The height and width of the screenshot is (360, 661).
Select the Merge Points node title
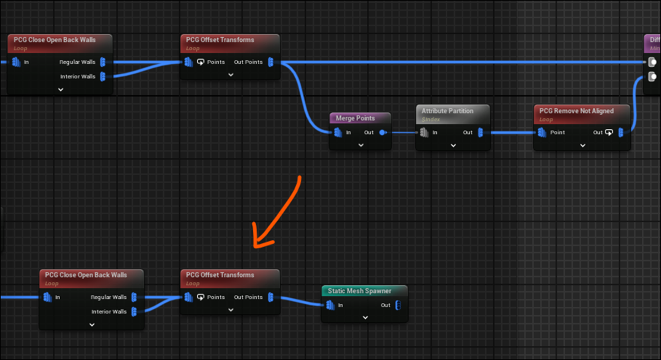355,118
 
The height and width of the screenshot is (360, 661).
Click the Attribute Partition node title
447,111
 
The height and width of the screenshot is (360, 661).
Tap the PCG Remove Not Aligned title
576,111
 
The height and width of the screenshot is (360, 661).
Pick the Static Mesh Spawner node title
359,291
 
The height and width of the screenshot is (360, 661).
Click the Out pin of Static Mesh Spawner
398,305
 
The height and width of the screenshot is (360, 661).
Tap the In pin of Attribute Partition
424,132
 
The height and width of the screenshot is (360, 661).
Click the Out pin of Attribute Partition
480,132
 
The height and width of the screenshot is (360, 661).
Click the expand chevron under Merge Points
361,145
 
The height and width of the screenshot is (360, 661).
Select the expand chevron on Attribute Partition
453,145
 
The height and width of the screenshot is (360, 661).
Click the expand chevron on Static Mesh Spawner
365,318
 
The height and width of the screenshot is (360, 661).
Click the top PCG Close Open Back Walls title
55,40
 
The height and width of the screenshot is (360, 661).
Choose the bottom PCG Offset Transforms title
220,275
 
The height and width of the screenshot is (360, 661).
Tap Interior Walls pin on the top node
103,77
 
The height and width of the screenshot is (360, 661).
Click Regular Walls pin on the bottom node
134,297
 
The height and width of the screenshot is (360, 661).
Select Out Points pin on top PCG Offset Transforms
270,62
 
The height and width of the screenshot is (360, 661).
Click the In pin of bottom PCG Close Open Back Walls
47,297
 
